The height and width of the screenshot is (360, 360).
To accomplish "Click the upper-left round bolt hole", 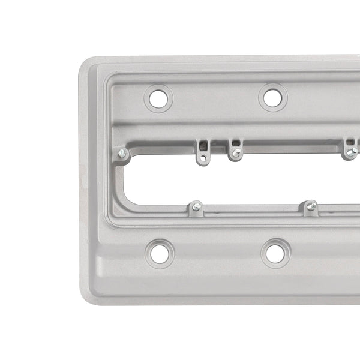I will point(158,98).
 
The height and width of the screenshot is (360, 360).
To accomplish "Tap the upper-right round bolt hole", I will point(272,98).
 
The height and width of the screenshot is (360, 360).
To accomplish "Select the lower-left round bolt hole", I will point(160,253).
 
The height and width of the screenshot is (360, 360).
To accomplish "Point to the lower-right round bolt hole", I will point(274,253).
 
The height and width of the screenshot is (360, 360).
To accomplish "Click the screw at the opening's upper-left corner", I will point(122,154).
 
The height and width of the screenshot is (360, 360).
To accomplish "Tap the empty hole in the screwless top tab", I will point(204,158).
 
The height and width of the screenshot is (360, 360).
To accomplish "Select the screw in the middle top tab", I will point(236,152).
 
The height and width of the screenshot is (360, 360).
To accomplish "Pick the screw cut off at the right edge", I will point(351,152).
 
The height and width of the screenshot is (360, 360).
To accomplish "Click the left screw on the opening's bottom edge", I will point(196,208).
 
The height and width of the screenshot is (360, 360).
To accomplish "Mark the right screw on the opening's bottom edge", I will point(310,207).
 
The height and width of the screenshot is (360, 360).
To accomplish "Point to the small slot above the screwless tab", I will point(204,145).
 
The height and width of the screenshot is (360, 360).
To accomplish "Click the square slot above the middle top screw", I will point(235,144).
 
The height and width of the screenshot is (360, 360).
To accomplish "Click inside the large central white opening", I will point(252,180).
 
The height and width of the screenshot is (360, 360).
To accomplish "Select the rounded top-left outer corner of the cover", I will point(87,65).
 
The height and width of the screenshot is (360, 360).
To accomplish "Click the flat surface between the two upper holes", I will point(215,99).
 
